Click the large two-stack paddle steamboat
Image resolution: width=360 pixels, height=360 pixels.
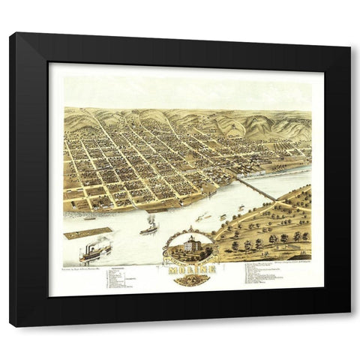click(95, 252)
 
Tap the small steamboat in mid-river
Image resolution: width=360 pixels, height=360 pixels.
click(149, 226)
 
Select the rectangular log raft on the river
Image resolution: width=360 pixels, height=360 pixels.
click(88, 233)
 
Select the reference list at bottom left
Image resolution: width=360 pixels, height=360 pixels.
click(120, 277)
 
